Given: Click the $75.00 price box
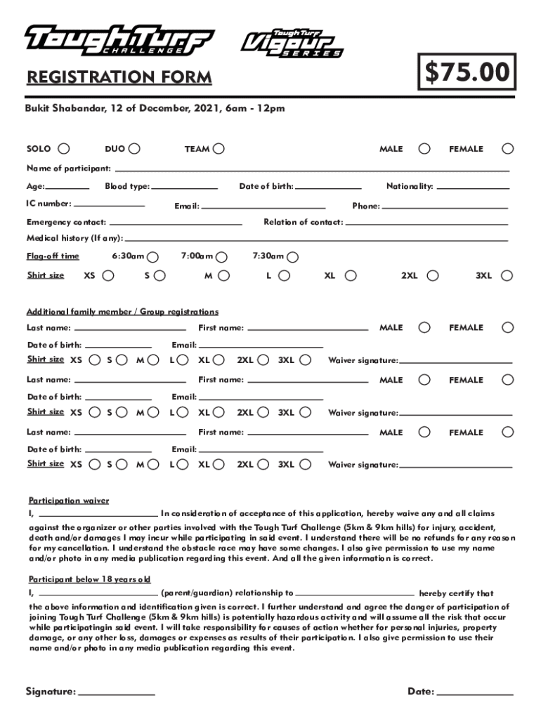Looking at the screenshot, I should (x=467, y=72).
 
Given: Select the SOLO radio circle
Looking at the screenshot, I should (x=64, y=149).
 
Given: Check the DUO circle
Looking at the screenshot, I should (x=134, y=149).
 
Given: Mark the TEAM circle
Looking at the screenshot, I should (x=219, y=149).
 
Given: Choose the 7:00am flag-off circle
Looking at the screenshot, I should (x=223, y=257).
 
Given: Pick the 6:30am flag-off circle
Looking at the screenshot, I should (x=153, y=257).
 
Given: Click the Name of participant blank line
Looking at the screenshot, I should (x=312, y=169).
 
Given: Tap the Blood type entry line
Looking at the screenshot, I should (x=184, y=187).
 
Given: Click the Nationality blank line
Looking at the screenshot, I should (x=473, y=187).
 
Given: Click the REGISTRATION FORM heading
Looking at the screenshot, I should (x=119, y=78).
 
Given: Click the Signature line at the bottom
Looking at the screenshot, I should (x=117, y=693).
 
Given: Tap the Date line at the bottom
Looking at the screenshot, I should (x=475, y=693).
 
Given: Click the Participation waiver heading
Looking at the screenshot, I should (x=69, y=501).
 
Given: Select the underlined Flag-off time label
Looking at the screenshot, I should (x=53, y=256).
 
